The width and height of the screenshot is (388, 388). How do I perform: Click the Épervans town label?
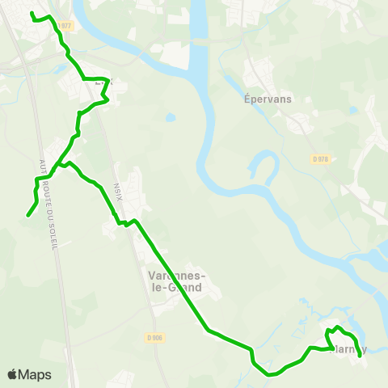point(267,99)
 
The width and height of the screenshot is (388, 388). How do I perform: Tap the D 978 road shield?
point(319,159)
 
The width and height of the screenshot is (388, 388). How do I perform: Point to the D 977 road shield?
point(65,26)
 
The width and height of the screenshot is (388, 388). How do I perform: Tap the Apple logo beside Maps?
point(12,374)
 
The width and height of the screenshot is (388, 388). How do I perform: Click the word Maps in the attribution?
point(35,374)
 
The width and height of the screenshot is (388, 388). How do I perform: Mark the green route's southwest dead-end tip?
point(28,215)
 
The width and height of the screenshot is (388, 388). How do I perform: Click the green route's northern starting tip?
point(32,14)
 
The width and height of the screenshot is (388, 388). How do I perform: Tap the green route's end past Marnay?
point(360,355)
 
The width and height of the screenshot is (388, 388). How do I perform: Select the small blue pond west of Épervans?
point(171,117)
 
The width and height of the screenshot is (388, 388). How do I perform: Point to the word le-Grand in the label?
point(175,287)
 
